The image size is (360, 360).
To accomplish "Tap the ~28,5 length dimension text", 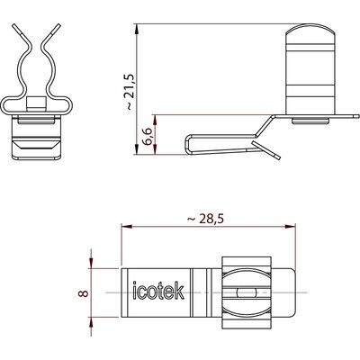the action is pyautogui.click(x=206, y=220).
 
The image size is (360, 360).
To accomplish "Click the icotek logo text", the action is pyautogui.click(x=158, y=290).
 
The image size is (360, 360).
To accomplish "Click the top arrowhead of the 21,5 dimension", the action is pyautogui.click(x=137, y=30).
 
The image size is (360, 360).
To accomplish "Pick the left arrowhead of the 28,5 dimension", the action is pyautogui.click(x=127, y=226).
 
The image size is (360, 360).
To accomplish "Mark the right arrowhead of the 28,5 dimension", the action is pyautogui.click(x=290, y=226).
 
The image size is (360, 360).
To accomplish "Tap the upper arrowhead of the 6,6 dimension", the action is pyautogui.click(x=155, y=121).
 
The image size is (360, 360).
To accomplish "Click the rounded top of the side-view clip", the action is pyautogui.click(x=310, y=29).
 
